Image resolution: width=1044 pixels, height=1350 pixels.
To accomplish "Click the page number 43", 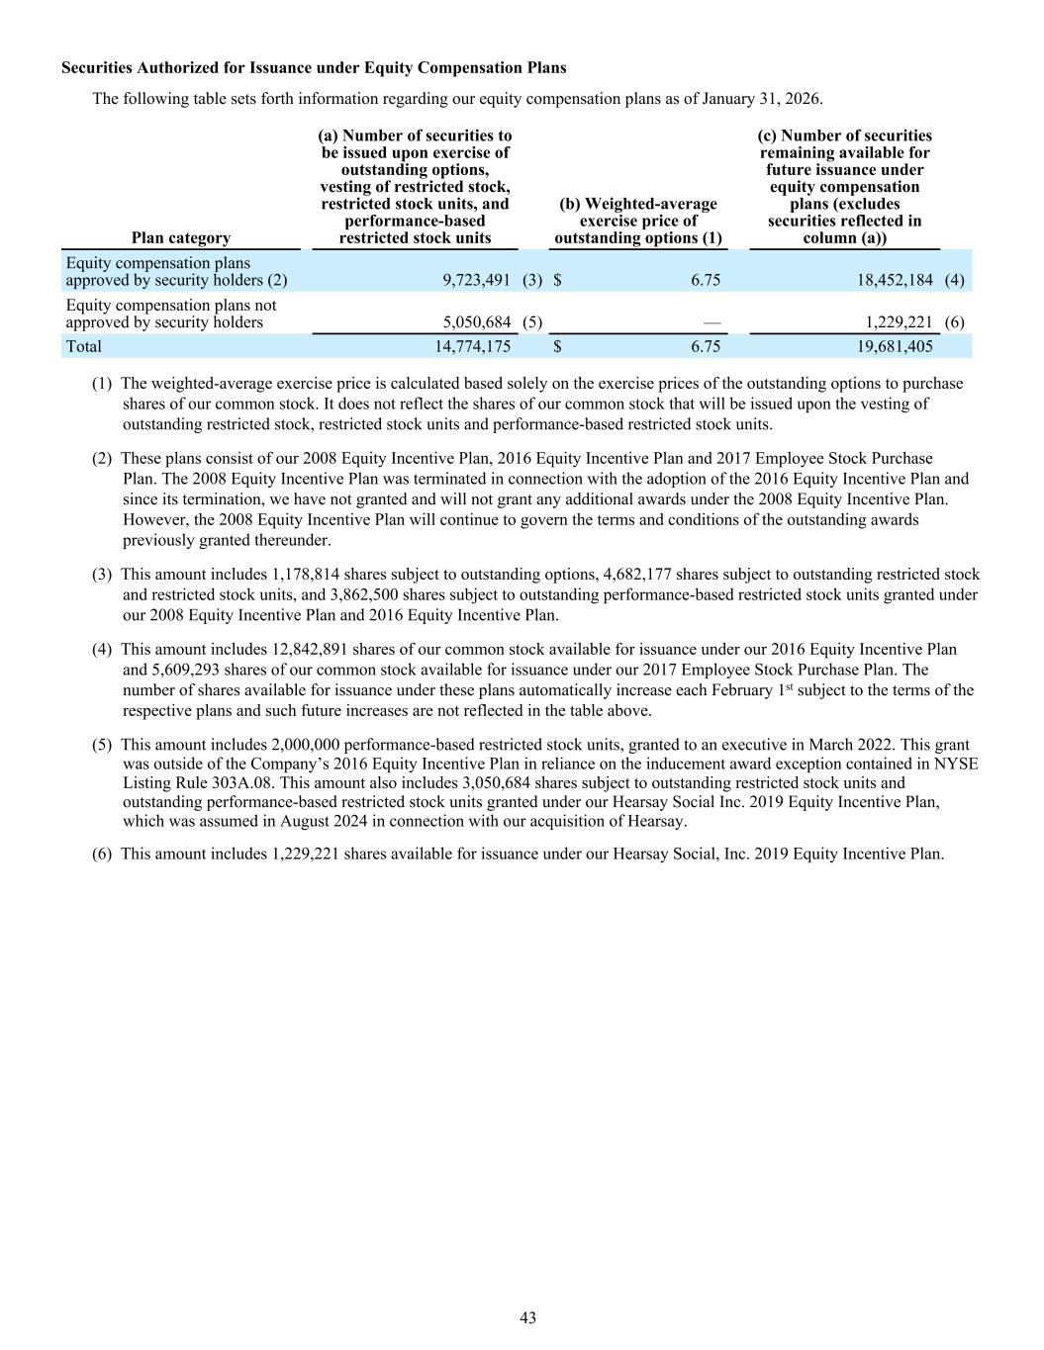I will coord(527,1317).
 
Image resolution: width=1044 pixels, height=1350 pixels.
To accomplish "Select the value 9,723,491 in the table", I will coord(476,280).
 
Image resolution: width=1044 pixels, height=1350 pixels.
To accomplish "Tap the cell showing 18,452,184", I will coord(895,280).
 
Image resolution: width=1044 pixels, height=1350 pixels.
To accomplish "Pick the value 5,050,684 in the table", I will coord(476,322).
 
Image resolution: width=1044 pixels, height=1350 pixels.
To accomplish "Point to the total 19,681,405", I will coord(895,346).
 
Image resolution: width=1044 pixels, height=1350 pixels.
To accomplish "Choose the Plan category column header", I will coord(180,237).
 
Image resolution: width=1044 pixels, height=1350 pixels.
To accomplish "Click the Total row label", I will coord(83,346).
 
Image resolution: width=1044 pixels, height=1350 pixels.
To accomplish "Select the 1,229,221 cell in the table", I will coord(899,322).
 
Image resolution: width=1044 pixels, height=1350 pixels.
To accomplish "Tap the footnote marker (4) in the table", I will coord(954,280).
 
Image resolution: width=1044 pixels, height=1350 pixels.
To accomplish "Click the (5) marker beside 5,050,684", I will coord(531,322).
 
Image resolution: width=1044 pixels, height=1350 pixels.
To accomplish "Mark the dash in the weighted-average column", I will coord(712,322).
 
